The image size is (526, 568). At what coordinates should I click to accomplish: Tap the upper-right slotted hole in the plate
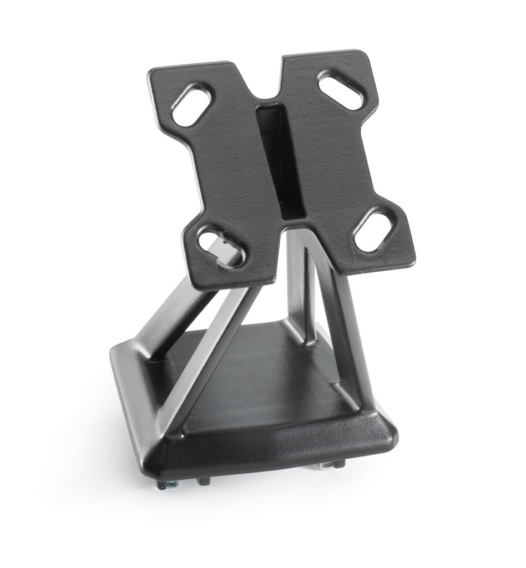pos(341,89)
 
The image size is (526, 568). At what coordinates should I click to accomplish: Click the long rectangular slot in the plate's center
pos(281,161)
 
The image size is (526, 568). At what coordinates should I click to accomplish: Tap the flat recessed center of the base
pos(261,383)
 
